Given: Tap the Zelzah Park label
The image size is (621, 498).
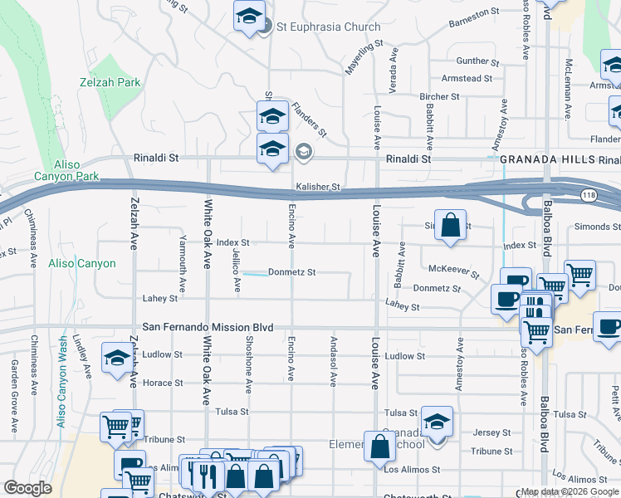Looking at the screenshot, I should tap(110, 83).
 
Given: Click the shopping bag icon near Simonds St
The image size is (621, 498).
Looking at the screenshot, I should tap(449, 226).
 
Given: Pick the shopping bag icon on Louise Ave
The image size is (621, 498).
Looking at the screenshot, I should tap(379, 447).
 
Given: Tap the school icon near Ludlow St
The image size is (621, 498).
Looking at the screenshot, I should tap(117, 358).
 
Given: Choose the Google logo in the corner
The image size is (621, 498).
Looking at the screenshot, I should tap(27, 488).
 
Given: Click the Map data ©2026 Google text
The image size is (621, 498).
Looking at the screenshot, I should tap(569, 491).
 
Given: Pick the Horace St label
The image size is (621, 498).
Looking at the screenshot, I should tap(163, 383).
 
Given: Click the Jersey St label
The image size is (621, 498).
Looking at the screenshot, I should tap(492, 432).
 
